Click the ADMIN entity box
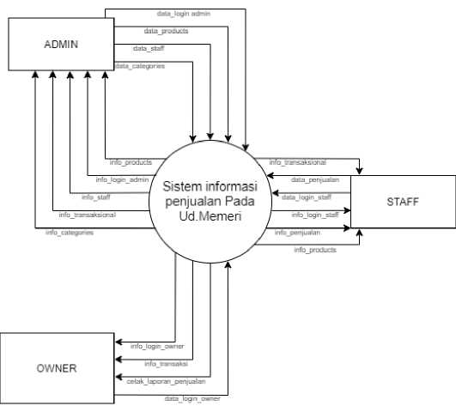click(61, 44)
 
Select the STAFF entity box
click(403, 202)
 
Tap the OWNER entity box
click(57, 368)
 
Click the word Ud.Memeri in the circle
click(210, 216)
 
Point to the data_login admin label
click(184, 14)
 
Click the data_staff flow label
click(149, 48)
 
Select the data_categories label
click(140, 66)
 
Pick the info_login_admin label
click(122, 179)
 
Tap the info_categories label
click(70, 233)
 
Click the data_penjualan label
click(315, 179)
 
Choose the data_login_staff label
click(307, 197)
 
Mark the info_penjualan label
click(297, 233)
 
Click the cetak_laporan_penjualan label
click(166, 381)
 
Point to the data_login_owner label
click(192, 398)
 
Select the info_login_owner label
click(157, 346)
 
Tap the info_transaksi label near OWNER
click(166, 364)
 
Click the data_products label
click(166, 31)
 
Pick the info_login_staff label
click(315, 215)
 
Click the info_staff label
click(95, 197)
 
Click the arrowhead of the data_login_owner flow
click(228, 264)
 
